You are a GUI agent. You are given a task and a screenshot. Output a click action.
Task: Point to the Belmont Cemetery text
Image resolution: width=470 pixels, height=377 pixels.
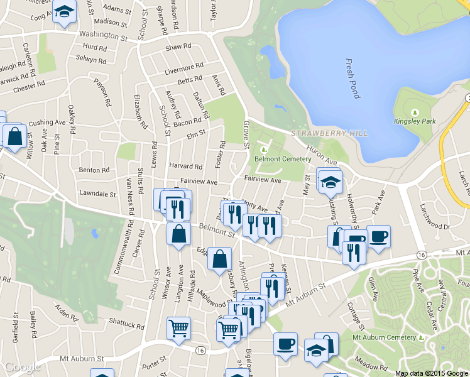[282, 159]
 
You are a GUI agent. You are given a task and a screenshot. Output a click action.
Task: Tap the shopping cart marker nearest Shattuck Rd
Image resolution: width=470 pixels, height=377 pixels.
[178, 327]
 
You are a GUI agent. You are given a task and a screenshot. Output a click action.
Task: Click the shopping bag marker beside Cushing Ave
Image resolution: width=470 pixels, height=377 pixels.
[14, 135]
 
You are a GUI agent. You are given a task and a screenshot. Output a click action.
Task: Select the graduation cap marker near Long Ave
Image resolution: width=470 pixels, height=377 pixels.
[64, 13]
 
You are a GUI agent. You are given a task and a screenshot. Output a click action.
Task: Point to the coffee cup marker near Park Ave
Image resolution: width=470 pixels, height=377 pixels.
[378, 236]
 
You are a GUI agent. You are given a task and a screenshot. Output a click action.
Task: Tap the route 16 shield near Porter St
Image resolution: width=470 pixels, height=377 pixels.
[200, 350]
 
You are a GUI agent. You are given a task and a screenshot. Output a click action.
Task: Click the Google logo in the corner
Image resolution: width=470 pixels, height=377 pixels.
[22, 368]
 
